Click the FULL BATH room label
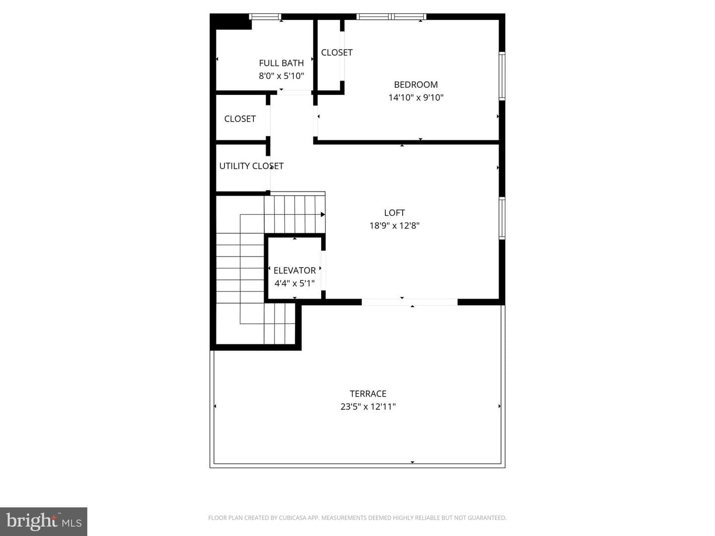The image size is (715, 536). [281, 63]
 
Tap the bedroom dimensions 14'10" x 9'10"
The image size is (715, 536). [416, 97]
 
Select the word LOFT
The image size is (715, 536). [394, 213]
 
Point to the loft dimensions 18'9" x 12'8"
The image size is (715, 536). [394, 225]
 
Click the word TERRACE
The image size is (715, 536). [368, 394]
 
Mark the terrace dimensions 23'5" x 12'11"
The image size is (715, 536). [368, 406]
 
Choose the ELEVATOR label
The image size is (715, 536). [294, 270]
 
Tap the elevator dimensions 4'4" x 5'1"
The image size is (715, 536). [294, 283]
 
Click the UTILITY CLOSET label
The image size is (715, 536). [251, 166]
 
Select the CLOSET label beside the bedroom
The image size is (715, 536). [337, 53]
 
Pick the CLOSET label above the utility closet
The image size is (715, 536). [240, 119]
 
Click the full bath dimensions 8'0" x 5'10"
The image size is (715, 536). [281, 76]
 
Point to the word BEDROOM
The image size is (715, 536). [416, 84]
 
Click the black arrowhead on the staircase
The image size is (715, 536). [323, 214]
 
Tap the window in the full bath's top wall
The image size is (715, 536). [265, 16]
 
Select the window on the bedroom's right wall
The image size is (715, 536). [502, 76]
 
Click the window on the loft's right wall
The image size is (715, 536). [502, 218]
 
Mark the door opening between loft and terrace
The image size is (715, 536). [410, 302]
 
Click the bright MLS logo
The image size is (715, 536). [44, 521]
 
